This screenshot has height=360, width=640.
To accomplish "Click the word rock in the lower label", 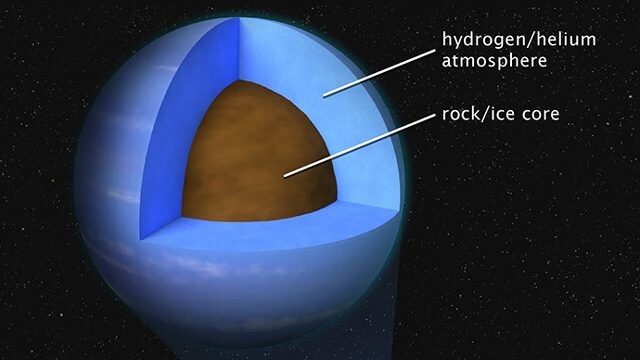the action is tap(460, 114).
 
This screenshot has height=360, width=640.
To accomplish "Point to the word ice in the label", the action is tap(501, 114).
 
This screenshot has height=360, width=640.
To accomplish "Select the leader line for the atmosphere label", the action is tap(379, 73).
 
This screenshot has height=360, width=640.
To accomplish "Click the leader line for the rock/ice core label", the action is tap(360, 145).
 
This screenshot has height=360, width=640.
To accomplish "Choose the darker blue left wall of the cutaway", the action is tap(188, 122).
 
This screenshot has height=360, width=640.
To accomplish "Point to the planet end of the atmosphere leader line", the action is tap(324, 97).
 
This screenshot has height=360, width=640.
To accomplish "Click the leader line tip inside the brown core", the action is tap(285, 176).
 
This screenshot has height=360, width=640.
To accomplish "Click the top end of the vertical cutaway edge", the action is tap(239, 18).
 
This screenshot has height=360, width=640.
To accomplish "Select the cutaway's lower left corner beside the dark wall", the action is tap(140, 240).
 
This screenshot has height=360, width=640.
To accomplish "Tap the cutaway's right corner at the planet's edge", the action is tap(399, 211).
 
